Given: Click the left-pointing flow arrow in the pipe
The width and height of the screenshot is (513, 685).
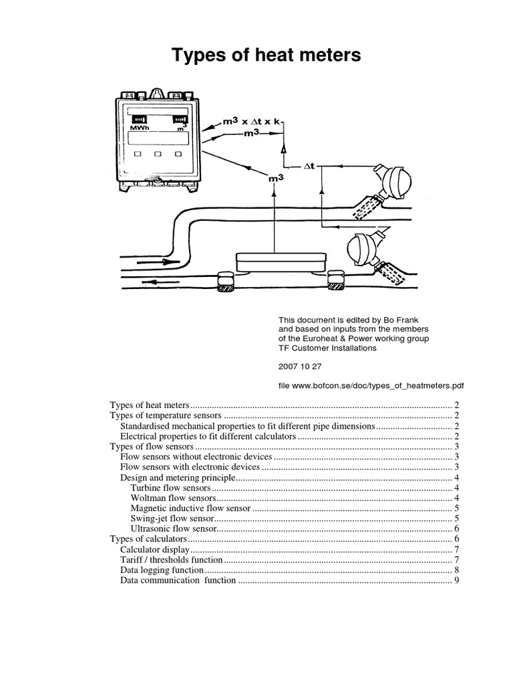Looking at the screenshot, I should point(151,282).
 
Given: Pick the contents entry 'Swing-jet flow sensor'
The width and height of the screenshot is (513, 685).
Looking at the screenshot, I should point(173,518).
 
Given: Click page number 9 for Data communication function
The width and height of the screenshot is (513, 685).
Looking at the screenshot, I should point(456,581).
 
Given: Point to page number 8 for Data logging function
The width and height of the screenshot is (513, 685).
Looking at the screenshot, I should point(456,570).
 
